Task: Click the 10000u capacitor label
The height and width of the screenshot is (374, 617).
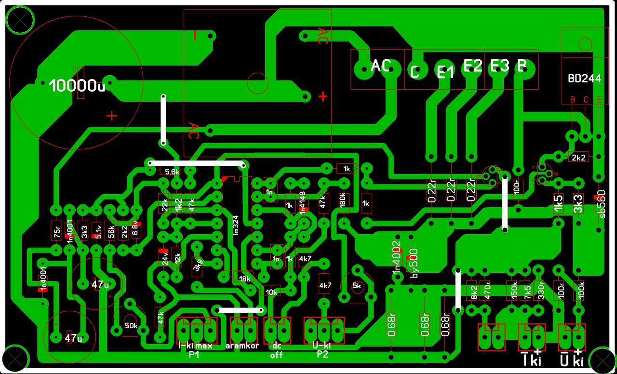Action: click(x=78, y=86)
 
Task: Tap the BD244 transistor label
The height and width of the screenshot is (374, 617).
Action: click(x=584, y=79)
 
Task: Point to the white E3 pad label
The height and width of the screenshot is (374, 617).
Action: click(x=499, y=66)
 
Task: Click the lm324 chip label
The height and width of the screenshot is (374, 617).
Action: click(x=236, y=225)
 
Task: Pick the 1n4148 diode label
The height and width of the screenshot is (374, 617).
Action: click(x=303, y=203)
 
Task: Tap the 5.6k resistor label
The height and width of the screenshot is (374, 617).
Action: click(x=172, y=172)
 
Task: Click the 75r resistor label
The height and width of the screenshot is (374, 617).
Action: click(x=57, y=232)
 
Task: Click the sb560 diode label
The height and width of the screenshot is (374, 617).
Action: click(x=602, y=206)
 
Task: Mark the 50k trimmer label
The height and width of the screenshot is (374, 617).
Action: click(x=131, y=325)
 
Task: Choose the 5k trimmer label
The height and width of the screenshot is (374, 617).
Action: click(x=357, y=285)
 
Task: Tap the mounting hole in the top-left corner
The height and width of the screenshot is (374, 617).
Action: click(x=20, y=20)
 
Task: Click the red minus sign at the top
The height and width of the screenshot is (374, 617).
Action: click(x=195, y=36)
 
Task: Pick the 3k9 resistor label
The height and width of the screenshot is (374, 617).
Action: click(x=197, y=265)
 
